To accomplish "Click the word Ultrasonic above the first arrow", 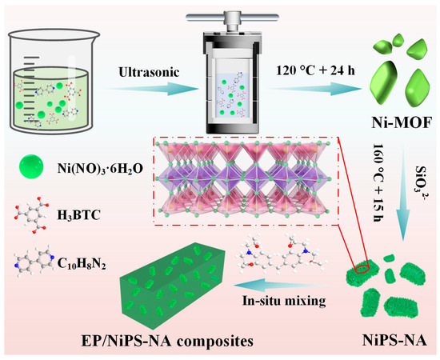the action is [x=149, y=72].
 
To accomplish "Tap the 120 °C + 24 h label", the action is [x=316, y=70].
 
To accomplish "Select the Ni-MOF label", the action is [x=402, y=122].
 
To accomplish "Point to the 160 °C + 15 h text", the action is [x=379, y=182].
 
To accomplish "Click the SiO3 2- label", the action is [x=420, y=183].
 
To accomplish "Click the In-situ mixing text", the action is [x=284, y=301].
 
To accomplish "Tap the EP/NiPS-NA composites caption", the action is [x=167, y=341].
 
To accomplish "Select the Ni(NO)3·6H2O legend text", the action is [x=100, y=169].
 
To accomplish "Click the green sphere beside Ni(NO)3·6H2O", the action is [x=31, y=166].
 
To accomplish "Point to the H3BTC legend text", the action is [x=78, y=215].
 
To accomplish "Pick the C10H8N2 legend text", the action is [x=82, y=263].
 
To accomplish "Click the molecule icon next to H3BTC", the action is [x=31, y=216].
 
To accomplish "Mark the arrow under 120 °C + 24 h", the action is [x=315, y=89].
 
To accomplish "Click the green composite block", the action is [x=173, y=286].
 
